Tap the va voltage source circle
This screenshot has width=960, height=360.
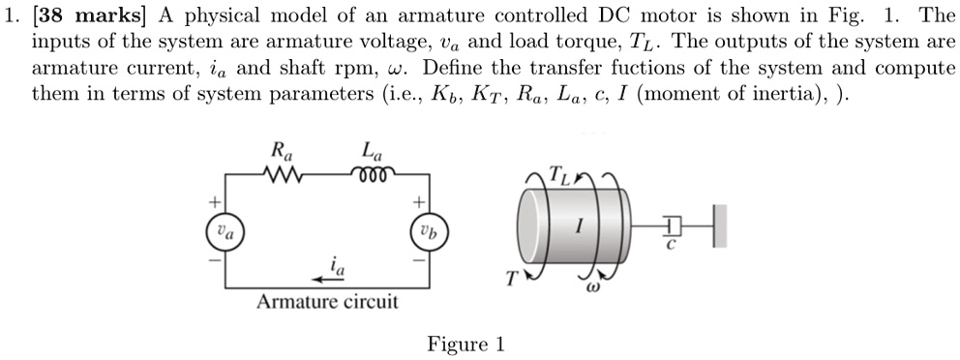point(224,233)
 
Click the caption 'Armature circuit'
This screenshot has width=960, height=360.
point(327,302)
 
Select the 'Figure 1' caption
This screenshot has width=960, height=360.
point(465,345)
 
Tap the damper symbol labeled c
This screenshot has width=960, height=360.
point(674,227)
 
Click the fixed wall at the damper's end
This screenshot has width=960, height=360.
point(716,227)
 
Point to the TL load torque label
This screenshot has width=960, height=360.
point(559,175)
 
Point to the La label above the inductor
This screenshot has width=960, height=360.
point(371,151)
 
